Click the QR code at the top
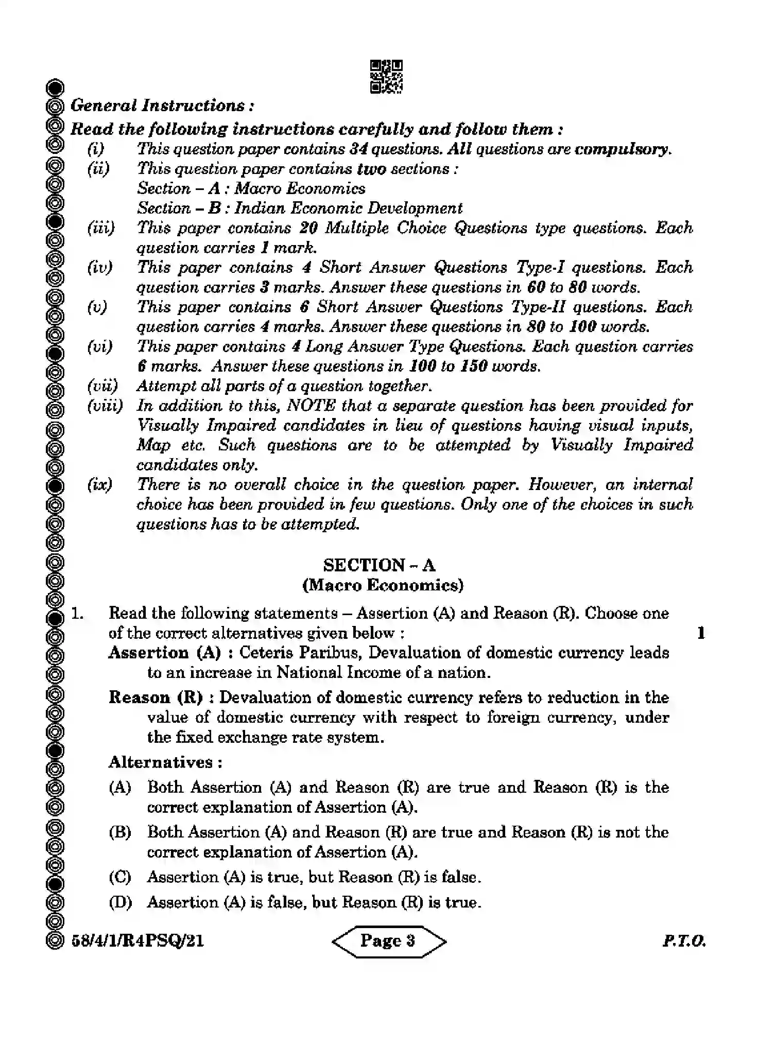(386, 77)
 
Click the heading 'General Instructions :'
(162, 106)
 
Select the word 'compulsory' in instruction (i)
(622, 149)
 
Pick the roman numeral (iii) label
(101, 228)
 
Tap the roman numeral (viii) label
(105, 406)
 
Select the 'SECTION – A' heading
(379, 565)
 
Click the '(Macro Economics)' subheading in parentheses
(383, 585)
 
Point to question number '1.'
(78, 614)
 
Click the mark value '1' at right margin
(701, 633)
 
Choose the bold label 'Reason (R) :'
(162, 698)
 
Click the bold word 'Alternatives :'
(165, 762)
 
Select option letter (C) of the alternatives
(120, 877)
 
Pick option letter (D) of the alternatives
(120, 902)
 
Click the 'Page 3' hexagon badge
(389, 941)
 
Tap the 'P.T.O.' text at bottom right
(683, 941)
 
